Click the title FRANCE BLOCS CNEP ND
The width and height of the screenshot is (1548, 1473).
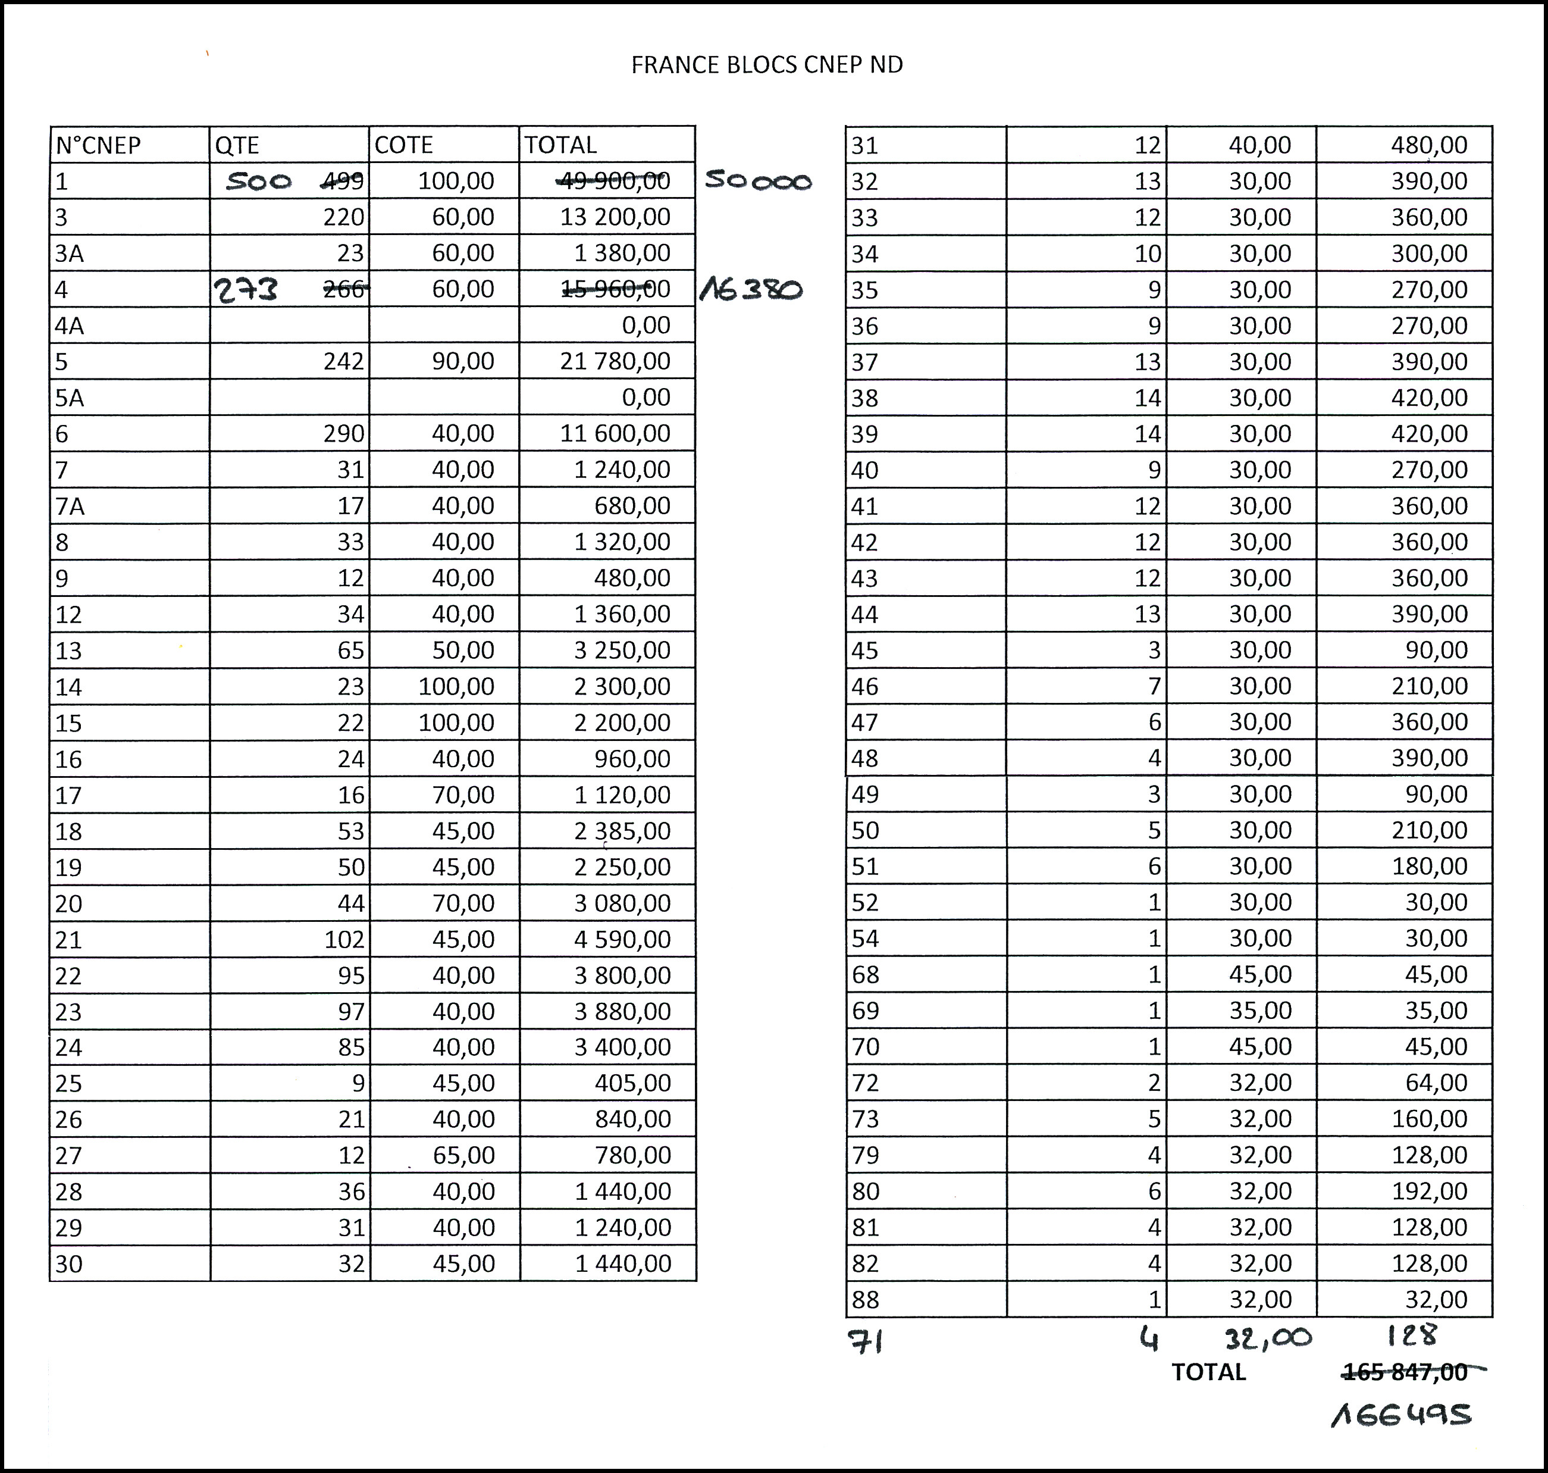pos(767,64)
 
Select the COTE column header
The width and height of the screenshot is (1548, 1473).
pos(403,145)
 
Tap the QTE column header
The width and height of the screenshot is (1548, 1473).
pos(237,145)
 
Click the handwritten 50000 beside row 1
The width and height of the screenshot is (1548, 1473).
pos(757,180)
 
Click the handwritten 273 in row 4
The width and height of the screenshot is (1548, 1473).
pos(246,290)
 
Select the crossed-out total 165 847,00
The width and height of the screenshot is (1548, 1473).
pos(1405,1372)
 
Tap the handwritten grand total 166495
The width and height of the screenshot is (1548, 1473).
pos(1400,1414)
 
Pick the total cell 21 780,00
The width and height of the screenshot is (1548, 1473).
pos(615,361)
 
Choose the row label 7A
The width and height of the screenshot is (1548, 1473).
pos(70,506)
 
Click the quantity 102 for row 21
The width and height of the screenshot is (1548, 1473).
pos(344,939)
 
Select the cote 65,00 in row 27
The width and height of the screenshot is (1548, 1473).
pos(463,1155)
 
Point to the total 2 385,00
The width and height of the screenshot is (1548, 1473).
pos(622,831)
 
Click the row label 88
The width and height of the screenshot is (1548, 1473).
pos(865,1299)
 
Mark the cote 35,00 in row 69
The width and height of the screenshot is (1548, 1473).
pos(1260,1011)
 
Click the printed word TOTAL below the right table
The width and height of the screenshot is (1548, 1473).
pos(1208,1372)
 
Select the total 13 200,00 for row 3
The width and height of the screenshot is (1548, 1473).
pos(615,217)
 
